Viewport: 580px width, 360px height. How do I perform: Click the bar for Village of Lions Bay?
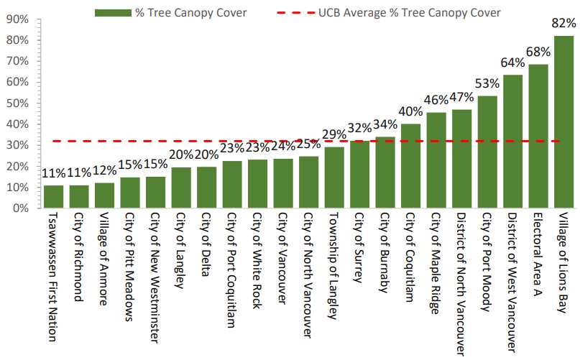563,122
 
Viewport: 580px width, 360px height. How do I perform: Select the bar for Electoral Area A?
538,137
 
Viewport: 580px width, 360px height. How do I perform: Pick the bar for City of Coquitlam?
410,166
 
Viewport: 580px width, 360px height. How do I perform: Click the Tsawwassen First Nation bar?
53,197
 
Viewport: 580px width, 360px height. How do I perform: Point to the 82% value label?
563,24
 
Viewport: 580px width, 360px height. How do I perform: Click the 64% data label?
512,63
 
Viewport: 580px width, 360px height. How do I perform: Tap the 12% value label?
104,171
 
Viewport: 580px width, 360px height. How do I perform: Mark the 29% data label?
334,135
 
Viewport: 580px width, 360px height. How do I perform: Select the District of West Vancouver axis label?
512,282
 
